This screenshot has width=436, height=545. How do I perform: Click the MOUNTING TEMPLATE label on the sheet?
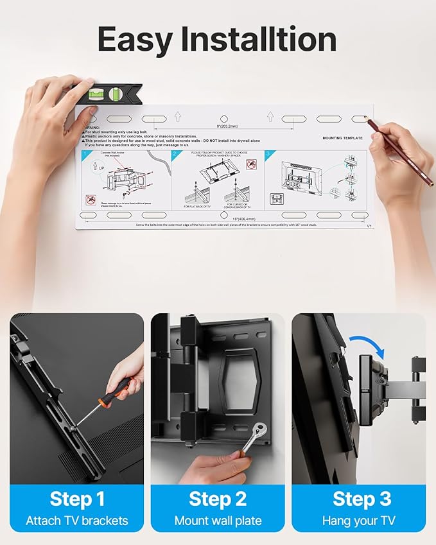pos(342,138)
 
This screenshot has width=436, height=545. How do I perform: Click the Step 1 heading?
pos(77,499)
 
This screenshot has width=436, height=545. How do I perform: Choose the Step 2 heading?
pos(218,499)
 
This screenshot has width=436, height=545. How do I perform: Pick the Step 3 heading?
pos(359,499)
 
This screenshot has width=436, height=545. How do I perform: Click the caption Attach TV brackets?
pos(77,521)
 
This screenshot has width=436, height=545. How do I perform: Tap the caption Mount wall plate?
pos(218,521)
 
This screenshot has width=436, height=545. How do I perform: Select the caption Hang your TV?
pos(359,521)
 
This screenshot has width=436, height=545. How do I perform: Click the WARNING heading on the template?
pos(92,128)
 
